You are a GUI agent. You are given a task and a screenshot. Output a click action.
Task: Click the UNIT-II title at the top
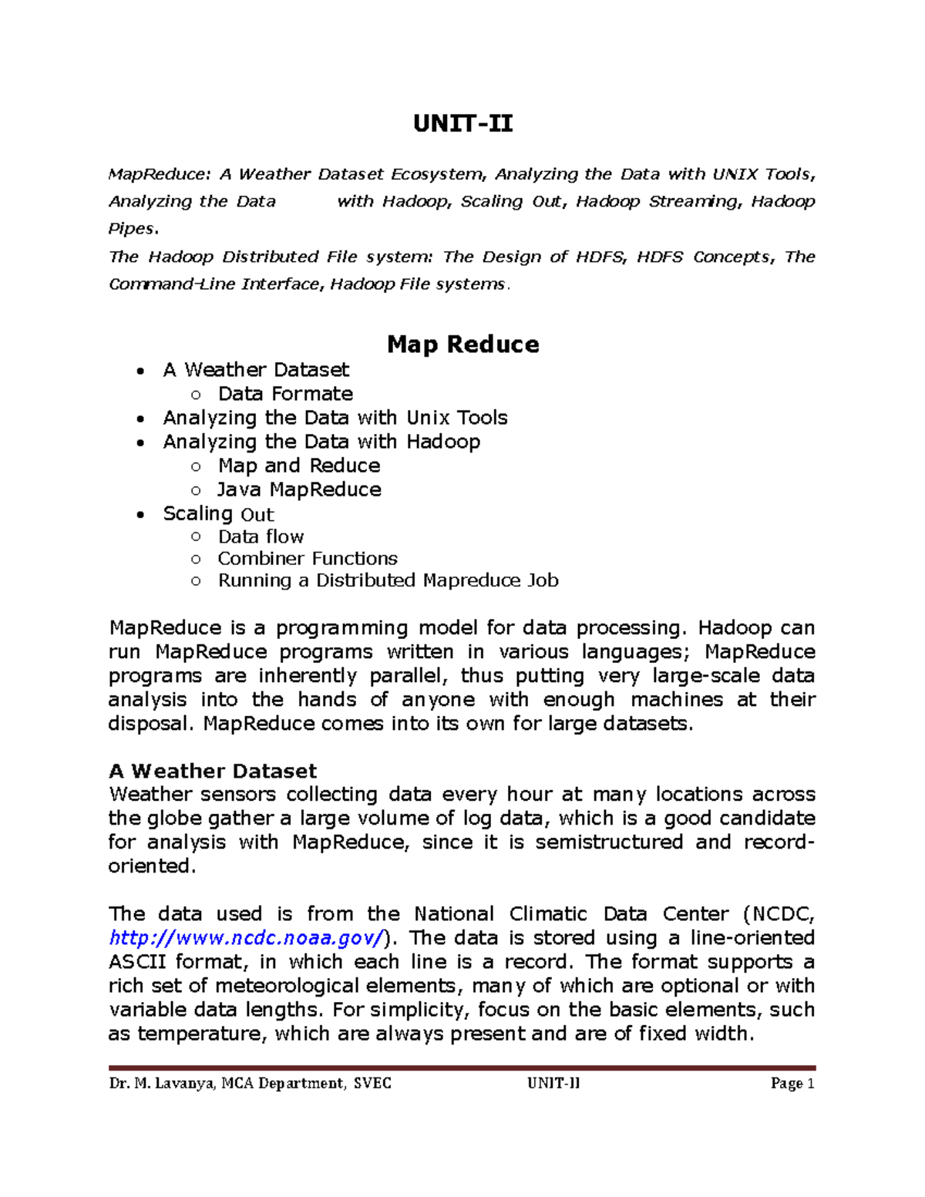(x=462, y=123)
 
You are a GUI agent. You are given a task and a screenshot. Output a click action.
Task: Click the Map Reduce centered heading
(x=462, y=344)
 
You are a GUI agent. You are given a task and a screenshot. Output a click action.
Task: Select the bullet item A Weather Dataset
(x=256, y=370)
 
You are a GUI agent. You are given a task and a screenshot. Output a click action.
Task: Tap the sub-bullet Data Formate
(x=285, y=394)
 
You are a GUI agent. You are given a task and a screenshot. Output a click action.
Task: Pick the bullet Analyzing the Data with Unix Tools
(x=335, y=418)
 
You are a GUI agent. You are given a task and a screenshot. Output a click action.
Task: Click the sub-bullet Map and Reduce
(x=299, y=466)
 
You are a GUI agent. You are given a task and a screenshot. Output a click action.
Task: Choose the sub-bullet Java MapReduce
(x=299, y=489)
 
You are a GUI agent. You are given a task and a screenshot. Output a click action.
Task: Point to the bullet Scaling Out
(x=218, y=514)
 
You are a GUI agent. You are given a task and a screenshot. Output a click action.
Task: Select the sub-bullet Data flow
(x=261, y=536)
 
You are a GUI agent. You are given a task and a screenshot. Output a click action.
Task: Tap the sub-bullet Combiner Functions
(x=308, y=558)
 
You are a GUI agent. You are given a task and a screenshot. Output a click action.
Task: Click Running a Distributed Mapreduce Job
(x=388, y=580)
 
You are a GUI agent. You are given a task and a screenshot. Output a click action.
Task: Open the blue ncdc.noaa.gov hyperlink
(x=247, y=938)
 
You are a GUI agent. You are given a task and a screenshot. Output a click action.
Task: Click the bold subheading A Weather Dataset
(x=213, y=771)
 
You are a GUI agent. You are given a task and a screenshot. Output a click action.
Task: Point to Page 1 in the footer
(x=792, y=1084)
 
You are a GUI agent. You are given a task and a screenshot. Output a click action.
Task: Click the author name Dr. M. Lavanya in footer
(x=163, y=1084)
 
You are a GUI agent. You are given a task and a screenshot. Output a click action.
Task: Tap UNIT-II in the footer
(x=553, y=1084)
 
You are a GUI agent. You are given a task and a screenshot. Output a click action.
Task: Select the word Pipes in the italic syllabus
(x=131, y=229)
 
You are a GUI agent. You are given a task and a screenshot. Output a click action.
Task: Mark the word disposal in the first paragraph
(x=148, y=724)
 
